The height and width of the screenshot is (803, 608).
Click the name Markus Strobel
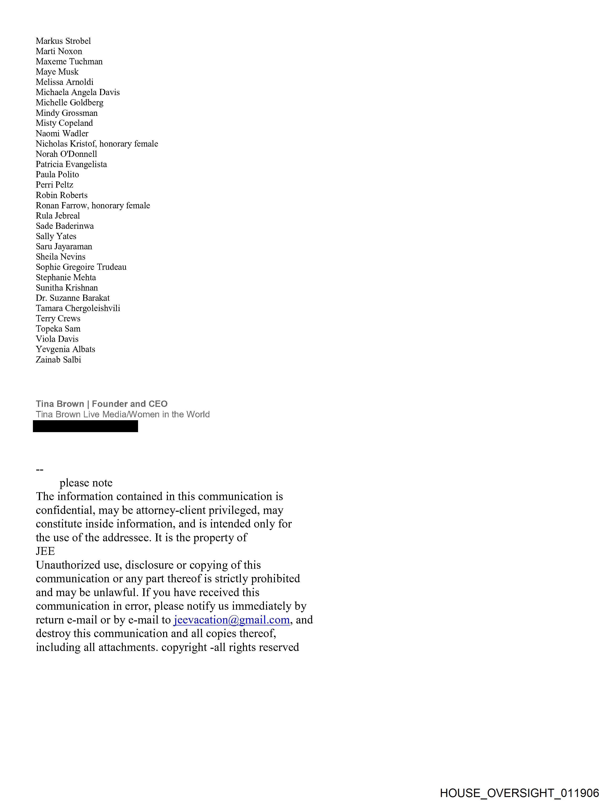63,41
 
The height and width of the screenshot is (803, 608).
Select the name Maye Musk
57,72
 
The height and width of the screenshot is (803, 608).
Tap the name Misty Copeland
64,123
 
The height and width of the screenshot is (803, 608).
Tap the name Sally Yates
56,236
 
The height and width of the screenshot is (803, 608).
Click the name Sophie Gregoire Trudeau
81,267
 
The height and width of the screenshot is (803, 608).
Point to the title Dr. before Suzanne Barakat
42,298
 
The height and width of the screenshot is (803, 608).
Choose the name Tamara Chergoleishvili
78,308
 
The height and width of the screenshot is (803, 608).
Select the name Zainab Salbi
58,360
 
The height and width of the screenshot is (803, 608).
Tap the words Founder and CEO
130,404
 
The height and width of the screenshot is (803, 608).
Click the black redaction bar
85,426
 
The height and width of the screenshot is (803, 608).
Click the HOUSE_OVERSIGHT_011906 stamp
519,793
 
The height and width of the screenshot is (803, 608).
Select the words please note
86,483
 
